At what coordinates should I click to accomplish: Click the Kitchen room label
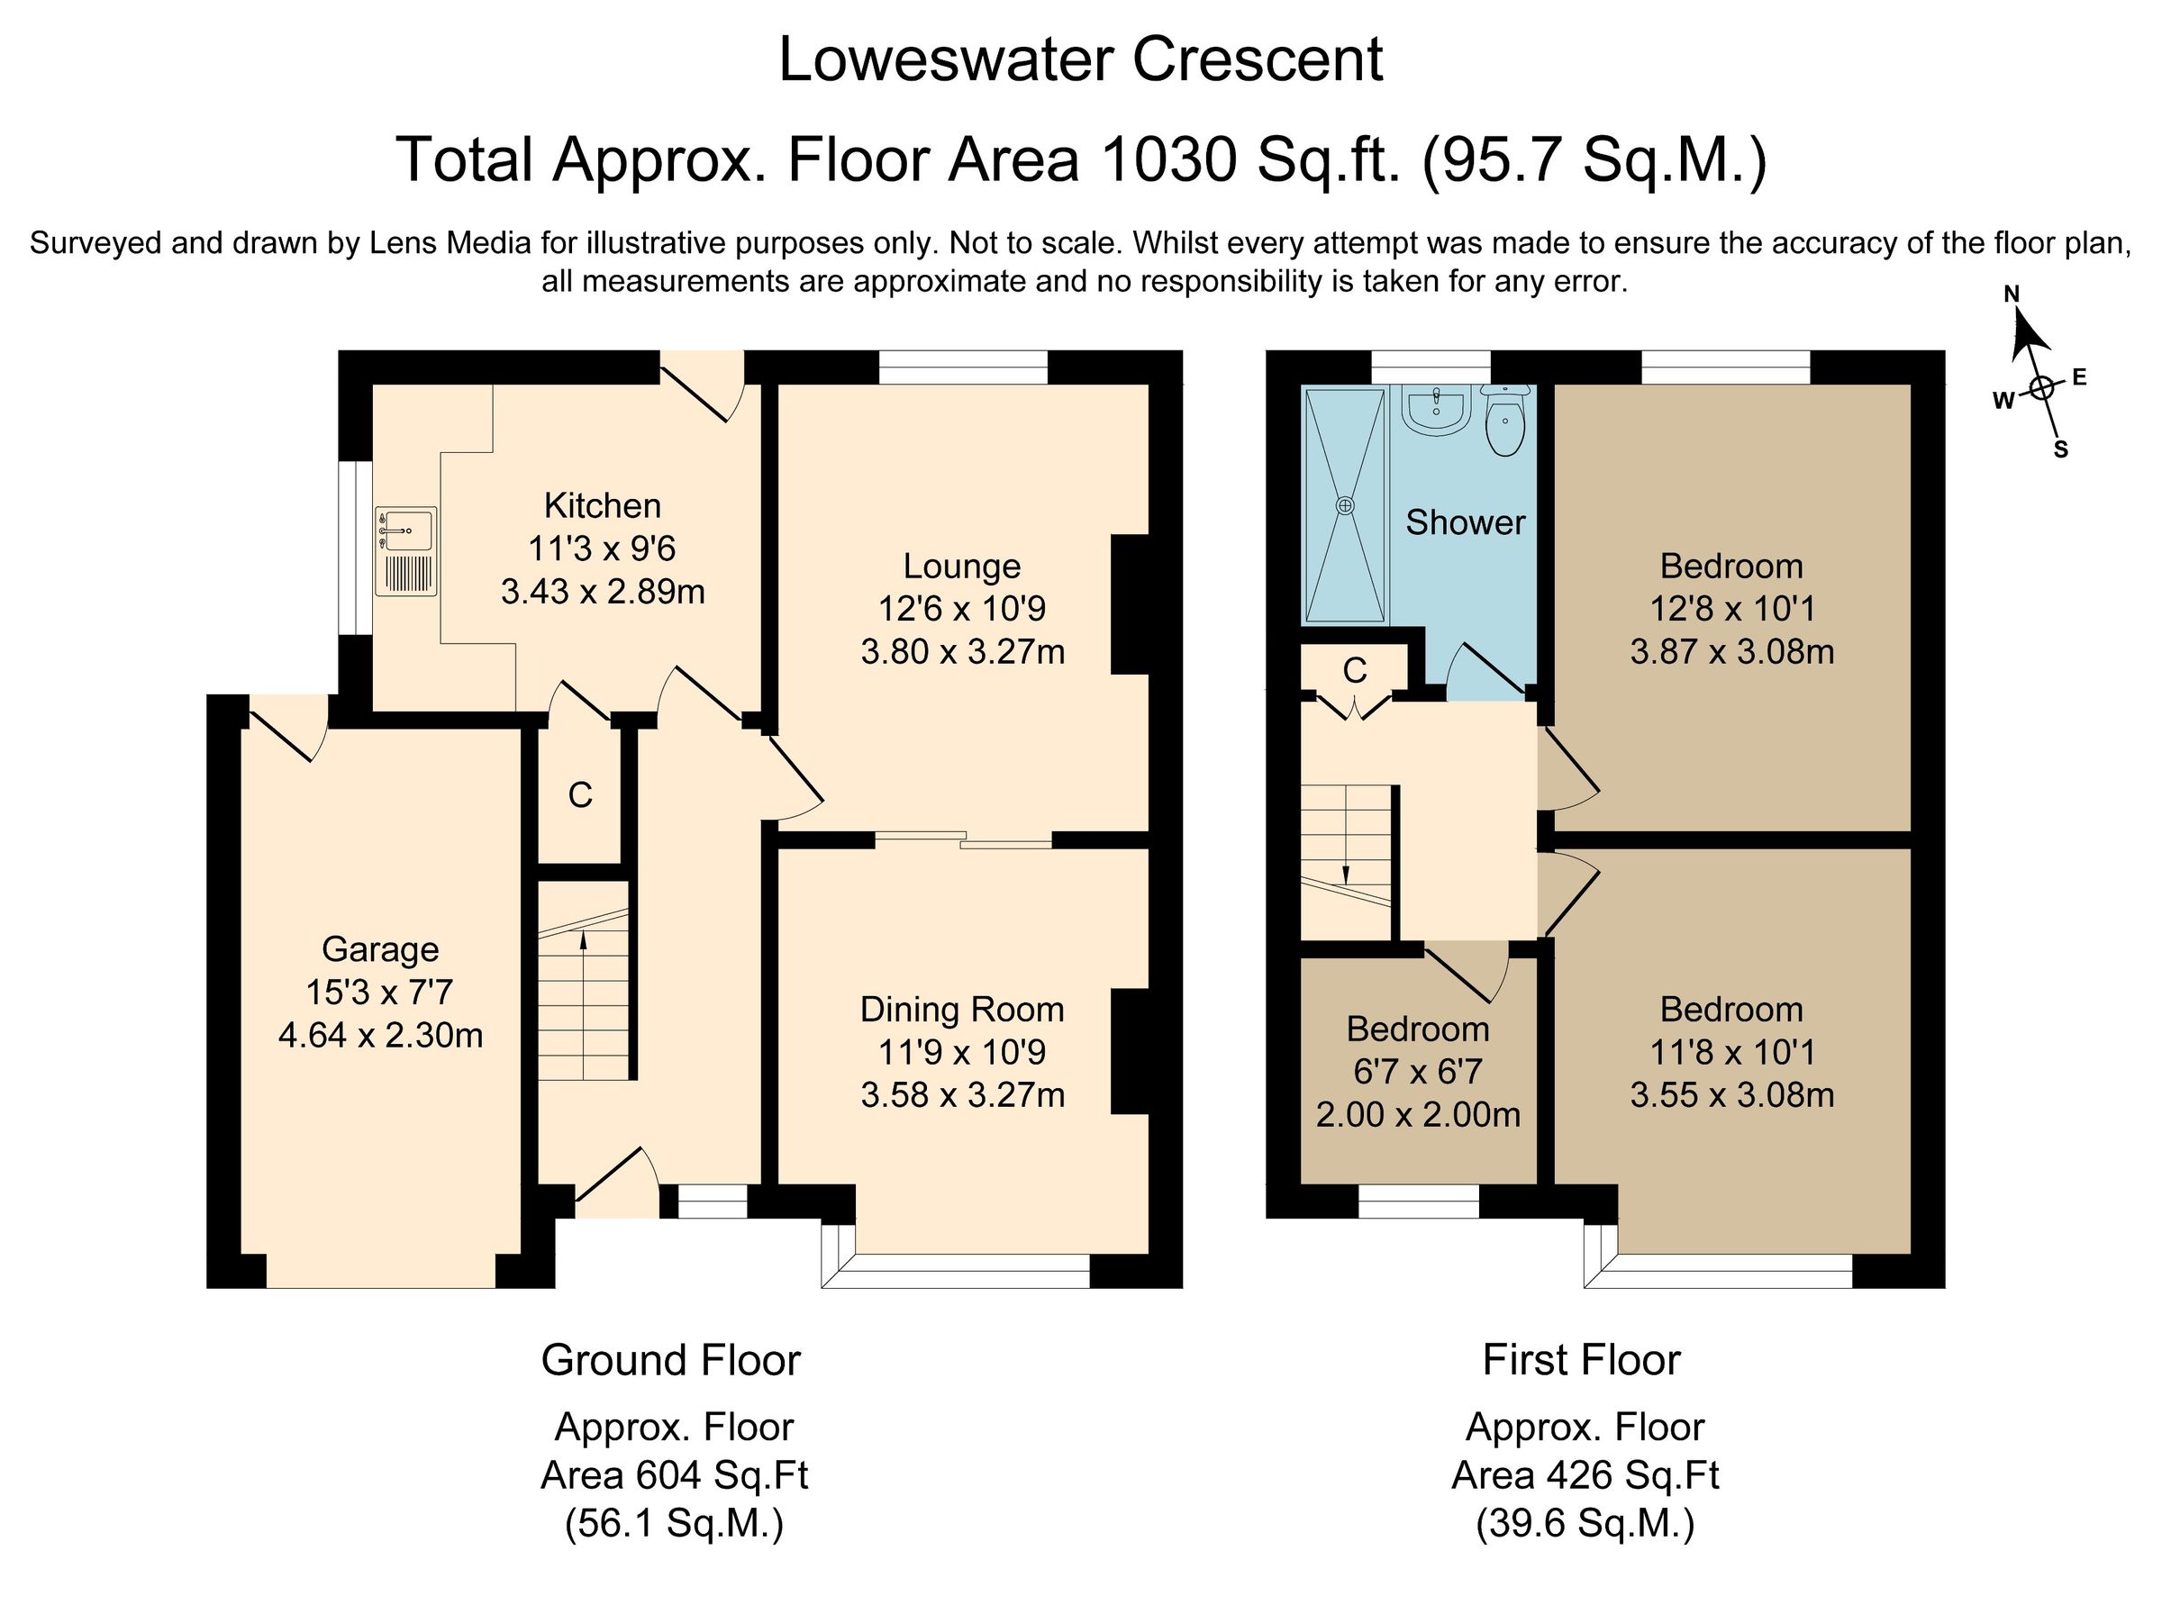pos(602,505)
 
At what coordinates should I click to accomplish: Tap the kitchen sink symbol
pos(405,550)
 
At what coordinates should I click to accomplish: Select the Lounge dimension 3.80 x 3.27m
pos(961,650)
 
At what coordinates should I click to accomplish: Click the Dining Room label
pos(961,1010)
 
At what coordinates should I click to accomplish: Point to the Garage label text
pos(380,948)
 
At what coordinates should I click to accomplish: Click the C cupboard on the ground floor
pos(580,795)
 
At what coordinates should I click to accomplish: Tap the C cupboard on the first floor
pos(1354,670)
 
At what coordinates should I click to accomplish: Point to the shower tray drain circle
pos(1345,505)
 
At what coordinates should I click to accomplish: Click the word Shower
pos(1465,522)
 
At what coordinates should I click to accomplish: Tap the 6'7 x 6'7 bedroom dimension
pos(1418,1072)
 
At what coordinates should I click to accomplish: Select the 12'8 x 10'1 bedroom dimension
pos(1731,609)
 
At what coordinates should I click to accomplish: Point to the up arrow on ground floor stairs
pos(583,941)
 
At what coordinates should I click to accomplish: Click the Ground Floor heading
pos(670,1360)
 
